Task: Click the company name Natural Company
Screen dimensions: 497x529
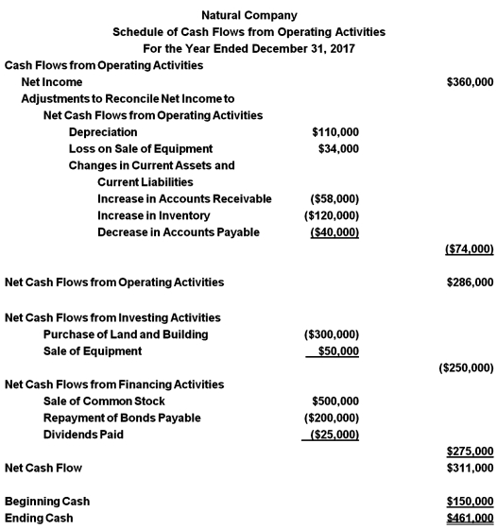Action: (248, 15)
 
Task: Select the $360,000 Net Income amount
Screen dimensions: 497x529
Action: (469, 83)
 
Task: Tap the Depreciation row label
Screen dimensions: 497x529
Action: (103, 132)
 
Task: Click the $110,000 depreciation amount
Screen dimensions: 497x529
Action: (334, 132)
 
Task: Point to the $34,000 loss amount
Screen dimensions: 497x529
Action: (338, 149)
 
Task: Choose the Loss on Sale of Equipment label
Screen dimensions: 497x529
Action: (141, 149)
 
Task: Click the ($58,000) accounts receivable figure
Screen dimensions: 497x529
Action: (334, 198)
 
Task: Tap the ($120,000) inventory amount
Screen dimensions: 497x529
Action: (331, 215)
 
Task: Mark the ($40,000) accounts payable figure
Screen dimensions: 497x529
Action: (334, 232)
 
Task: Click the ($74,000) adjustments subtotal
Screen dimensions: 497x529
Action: (469, 249)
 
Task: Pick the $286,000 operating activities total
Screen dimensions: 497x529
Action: (469, 282)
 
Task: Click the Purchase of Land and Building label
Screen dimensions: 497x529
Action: (126, 334)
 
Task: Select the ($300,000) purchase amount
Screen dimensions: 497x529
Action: (330, 334)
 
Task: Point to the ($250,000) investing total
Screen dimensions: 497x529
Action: (467, 367)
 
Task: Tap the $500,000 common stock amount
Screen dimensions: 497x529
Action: (334, 401)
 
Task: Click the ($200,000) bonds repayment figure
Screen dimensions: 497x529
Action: (330, 418)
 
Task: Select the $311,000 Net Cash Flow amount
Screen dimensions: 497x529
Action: (469, 468)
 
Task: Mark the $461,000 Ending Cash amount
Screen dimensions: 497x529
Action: (469, 518)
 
